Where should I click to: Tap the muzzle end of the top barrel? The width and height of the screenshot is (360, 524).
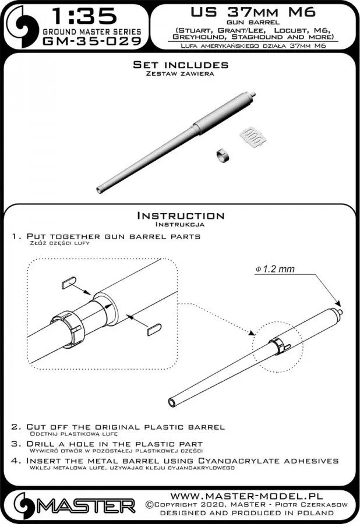pyautogui.click(x=101, y=189)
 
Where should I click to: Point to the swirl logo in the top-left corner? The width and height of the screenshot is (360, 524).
pyautogui.click(x=20, y=26)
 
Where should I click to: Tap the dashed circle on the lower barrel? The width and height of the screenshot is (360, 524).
pyautogui.click(x=275, y=345)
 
